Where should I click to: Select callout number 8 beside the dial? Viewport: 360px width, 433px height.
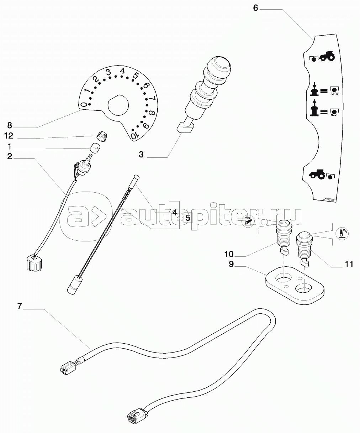[10, 125]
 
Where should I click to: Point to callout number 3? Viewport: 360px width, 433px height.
[141, 155]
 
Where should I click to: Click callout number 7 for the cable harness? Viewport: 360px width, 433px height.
[20, 306]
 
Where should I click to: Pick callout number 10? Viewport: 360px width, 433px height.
[229, 254]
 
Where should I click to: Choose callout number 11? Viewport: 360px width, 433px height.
[349, 264]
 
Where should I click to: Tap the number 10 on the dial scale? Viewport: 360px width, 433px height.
[133, 136]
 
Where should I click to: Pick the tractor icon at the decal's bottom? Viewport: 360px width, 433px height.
[317, 174]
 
